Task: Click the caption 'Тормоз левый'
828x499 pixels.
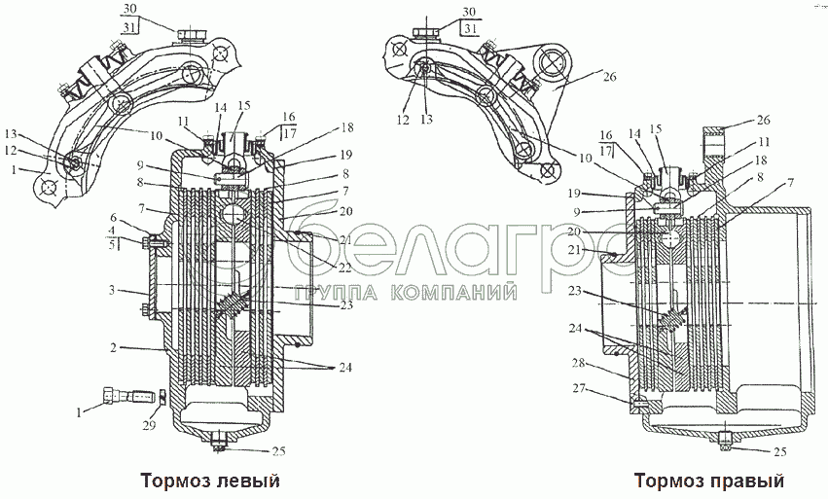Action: (210, 481)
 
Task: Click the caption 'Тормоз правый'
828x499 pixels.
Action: (708, 481)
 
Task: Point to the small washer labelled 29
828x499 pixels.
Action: (161, 396)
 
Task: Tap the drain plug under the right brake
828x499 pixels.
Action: (727, 443)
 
